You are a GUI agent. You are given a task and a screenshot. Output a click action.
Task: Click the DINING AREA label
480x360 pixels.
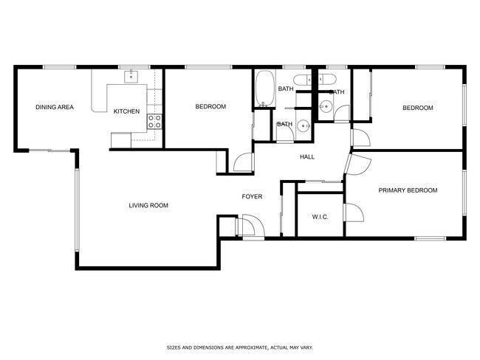point(55,108)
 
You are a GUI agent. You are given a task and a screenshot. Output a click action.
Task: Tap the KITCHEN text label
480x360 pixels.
point(126,111)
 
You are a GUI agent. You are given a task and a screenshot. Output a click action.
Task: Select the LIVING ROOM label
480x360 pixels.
point(148,205)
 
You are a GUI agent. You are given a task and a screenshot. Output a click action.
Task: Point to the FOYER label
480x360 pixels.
point(253,196)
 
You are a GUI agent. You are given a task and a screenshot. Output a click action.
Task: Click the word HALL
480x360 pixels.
point(307,157)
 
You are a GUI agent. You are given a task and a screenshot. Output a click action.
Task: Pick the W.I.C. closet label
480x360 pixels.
point(320,217)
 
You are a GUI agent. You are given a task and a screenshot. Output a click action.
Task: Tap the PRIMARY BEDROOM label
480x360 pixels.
point(408,190)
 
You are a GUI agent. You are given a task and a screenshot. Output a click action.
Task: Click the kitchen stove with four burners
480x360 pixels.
point(154,121)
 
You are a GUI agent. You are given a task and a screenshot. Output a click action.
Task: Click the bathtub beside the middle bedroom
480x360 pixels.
point(264,88)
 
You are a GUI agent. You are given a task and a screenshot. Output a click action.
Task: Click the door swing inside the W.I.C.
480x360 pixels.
point(353,214)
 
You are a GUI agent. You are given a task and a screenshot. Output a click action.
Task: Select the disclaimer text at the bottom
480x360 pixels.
point(240,346)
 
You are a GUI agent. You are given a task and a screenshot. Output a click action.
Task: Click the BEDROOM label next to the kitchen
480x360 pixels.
point(210,107)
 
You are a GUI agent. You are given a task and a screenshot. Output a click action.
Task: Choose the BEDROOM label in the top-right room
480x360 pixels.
point(417,108)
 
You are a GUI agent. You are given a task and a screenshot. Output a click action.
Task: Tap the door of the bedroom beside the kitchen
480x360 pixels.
point(242,162)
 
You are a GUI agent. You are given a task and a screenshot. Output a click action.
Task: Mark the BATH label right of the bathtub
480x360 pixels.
point(285,89)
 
